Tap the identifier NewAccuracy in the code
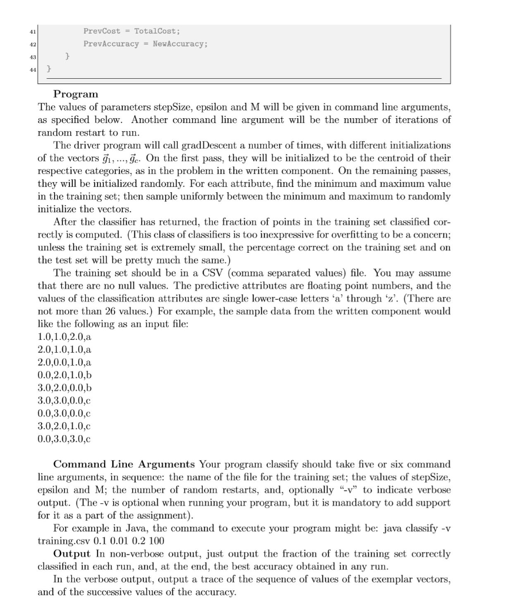pyautogui.click(x=180, y=44)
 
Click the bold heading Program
pyautogui.click(x=76, y=94)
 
